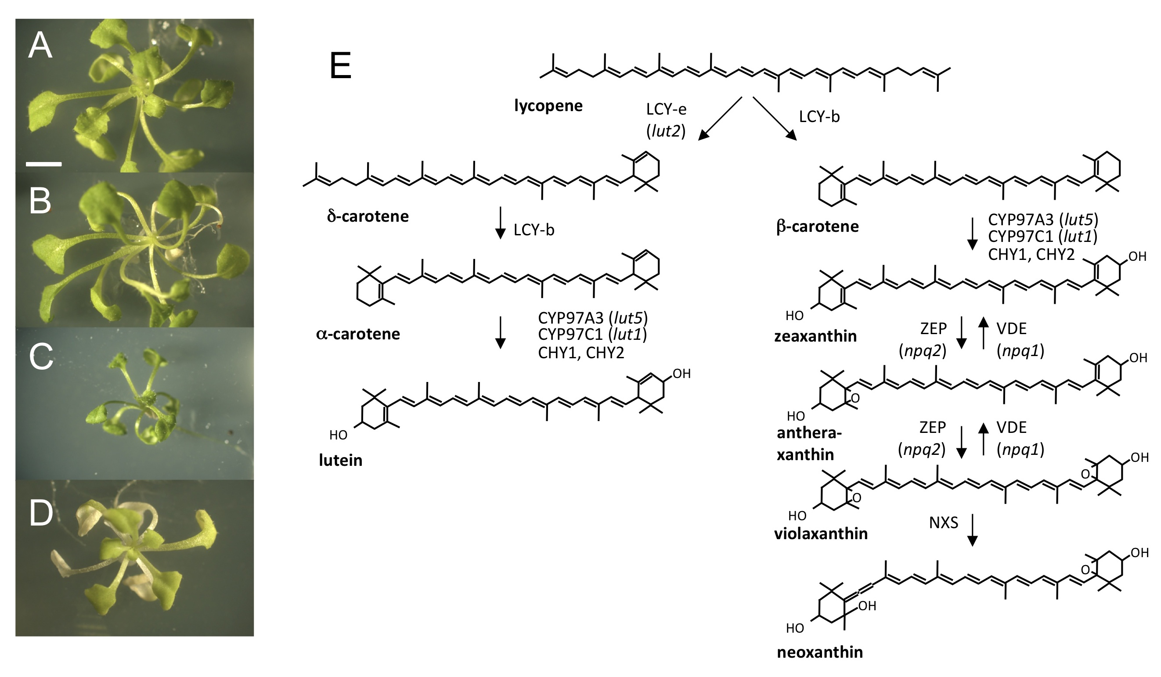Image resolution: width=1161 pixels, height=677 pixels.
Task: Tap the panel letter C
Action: (41, 358)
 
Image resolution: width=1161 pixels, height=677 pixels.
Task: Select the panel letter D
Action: (41, 514)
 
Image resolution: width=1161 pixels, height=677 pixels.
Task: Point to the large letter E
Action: (341, 66)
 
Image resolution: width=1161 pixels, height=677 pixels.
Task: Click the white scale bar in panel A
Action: (44, 163)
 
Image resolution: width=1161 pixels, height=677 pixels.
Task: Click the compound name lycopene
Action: (548, 106)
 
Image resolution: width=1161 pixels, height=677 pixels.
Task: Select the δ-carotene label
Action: (368, 216)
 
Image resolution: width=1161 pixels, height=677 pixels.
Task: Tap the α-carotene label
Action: (358, 334)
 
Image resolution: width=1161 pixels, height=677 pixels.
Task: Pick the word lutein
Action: (340, 461)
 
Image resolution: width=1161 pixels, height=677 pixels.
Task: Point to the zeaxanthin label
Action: (815, 336)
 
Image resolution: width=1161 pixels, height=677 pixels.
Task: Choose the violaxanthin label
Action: (821, 534)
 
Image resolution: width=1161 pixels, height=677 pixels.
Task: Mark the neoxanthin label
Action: (820, 652)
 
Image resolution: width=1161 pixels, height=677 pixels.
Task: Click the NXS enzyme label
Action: (944, 523)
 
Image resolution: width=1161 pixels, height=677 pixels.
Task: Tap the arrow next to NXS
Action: (972, 530)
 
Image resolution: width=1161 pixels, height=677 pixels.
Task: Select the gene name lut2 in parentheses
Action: (666, 132)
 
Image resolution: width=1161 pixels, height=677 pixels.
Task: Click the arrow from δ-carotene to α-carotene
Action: (500, 223)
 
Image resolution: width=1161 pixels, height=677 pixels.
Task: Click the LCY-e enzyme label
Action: (666, 110)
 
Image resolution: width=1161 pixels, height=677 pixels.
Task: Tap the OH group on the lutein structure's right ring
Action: (681, 374)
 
